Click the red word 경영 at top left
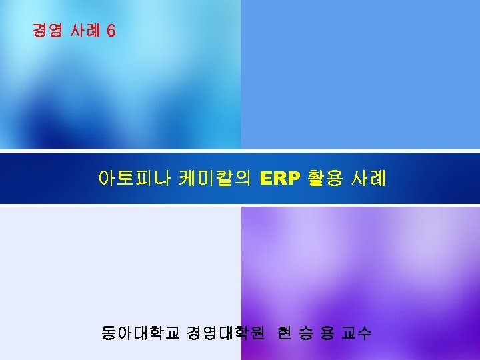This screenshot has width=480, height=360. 47,31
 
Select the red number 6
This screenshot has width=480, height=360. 111,31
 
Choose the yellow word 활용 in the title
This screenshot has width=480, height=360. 325,179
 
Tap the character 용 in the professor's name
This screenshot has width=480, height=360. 327,332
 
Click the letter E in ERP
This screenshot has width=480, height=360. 267,179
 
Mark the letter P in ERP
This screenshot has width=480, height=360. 294,179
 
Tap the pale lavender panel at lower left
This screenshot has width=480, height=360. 120,267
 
